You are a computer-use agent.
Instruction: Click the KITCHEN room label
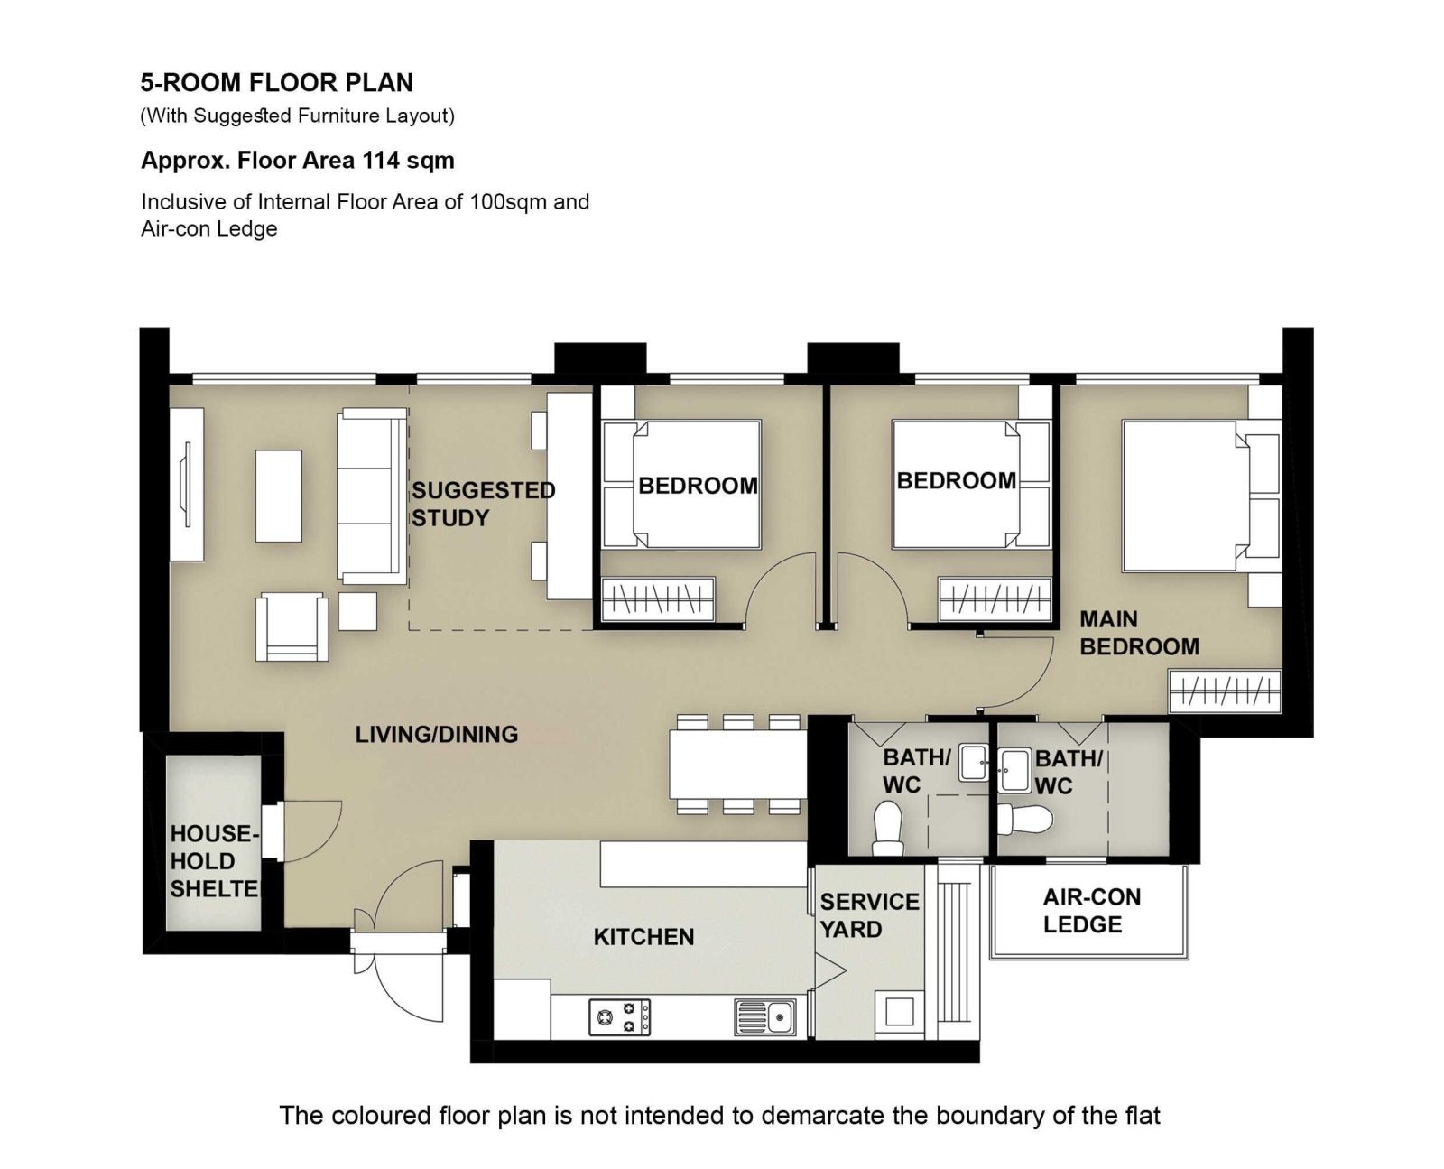coord(643,936)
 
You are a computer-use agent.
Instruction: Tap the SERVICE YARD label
coord(869,914)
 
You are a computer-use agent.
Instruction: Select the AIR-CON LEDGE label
coord(1091,910)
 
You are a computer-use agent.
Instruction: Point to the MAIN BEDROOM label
coord(1139,633)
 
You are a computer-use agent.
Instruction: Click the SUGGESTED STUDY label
coord(484,504)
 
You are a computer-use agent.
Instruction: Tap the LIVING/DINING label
coord(437,734)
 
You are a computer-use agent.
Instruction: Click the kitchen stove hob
coord(619,1016)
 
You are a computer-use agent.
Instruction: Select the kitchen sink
coord(764,1017)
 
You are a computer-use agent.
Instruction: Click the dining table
coord(737,765)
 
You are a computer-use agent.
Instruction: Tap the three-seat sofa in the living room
coord(372,496)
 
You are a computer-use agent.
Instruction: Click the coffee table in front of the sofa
coord(279,496)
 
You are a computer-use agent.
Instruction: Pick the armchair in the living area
coord(292,626)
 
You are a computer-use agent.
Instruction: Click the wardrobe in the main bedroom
coord(1225,691)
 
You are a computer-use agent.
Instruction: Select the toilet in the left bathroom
coord(888,828)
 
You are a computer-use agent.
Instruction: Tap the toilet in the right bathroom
coord(1025,820)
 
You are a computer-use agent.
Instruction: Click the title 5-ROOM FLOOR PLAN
coord(276,83)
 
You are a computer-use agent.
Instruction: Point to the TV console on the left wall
coord(187,484)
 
